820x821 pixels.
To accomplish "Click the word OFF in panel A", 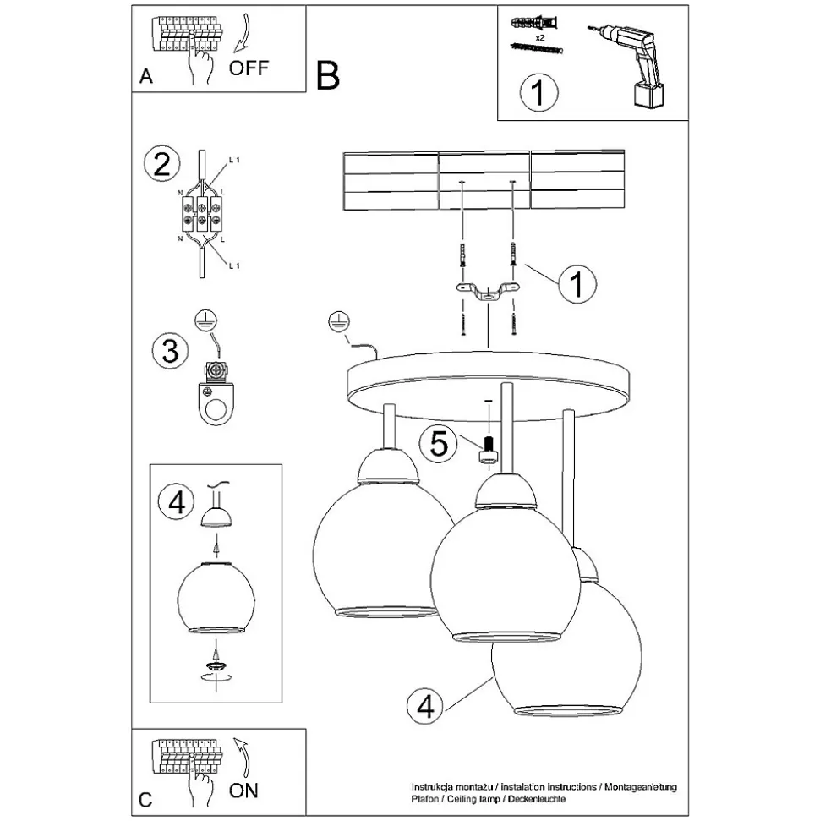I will (x=249, y=68).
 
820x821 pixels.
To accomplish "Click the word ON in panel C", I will (x=244, y=791).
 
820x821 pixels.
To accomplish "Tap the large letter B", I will (x=328, y=75).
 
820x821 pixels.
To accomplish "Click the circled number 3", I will (x=170, y=349).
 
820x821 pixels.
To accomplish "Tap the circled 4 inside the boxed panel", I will (x=176, y=502).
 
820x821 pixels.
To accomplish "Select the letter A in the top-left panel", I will (x=146, y=77).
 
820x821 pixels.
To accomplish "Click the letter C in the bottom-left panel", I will (x=145, y=799).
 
